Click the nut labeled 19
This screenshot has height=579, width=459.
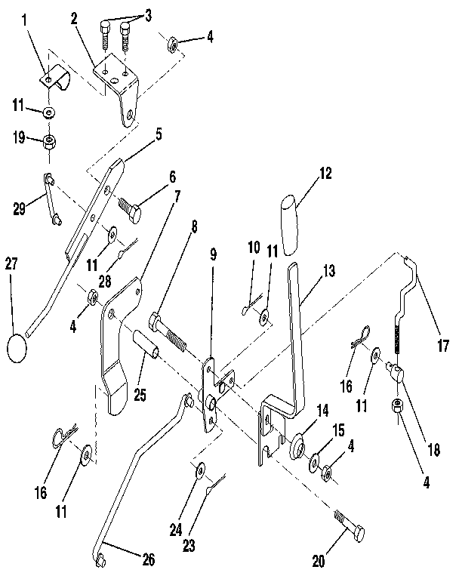click(x=49, y=143)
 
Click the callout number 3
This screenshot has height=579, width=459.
click(x=148, y=14)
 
